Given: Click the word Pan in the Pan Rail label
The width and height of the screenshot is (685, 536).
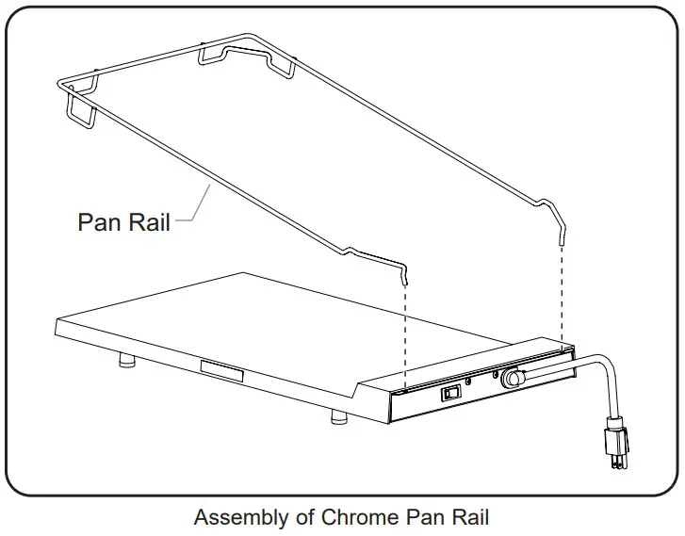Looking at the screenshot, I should pos(101,222).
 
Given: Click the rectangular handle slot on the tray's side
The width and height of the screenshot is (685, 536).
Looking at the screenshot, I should pos(222,368).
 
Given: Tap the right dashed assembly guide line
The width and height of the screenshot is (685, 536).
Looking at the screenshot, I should pos(563,292).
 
